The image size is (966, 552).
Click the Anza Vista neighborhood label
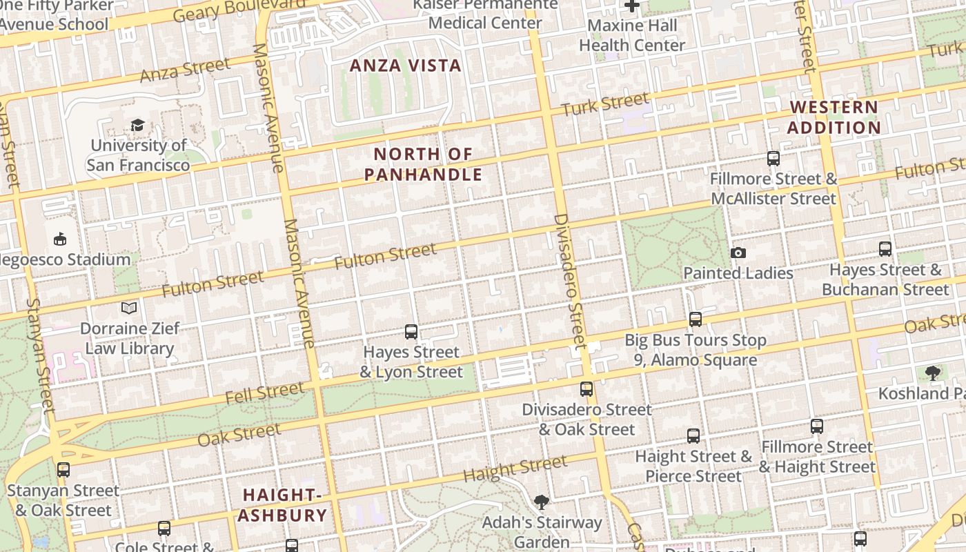point(405,66)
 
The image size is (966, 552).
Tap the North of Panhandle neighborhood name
point(423,164)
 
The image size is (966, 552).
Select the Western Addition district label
point(834,117)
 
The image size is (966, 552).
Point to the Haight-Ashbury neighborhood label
point(284,505)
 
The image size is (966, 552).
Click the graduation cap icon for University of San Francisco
point(137,125)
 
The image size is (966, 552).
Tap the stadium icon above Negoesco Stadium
point(60,239)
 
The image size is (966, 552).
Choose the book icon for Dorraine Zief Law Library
point(129,308)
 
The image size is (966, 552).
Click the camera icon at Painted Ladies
point(738,253)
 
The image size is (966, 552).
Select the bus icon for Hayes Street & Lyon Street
point(411,332)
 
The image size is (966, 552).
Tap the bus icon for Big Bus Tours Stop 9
point(696,319)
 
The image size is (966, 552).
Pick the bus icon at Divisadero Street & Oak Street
point(586,389)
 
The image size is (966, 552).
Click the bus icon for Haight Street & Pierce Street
point(693,436)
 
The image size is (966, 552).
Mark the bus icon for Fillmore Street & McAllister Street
point(773,159)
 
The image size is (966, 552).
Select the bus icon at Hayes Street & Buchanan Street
point(885,249)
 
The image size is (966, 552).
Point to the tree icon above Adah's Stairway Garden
point(542,502)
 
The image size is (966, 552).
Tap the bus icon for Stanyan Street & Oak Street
point(63,470)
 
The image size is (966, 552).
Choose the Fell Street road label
point(265,393)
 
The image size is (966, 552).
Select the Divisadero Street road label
point(569,279)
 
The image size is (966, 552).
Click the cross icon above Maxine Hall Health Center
point(631,6)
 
